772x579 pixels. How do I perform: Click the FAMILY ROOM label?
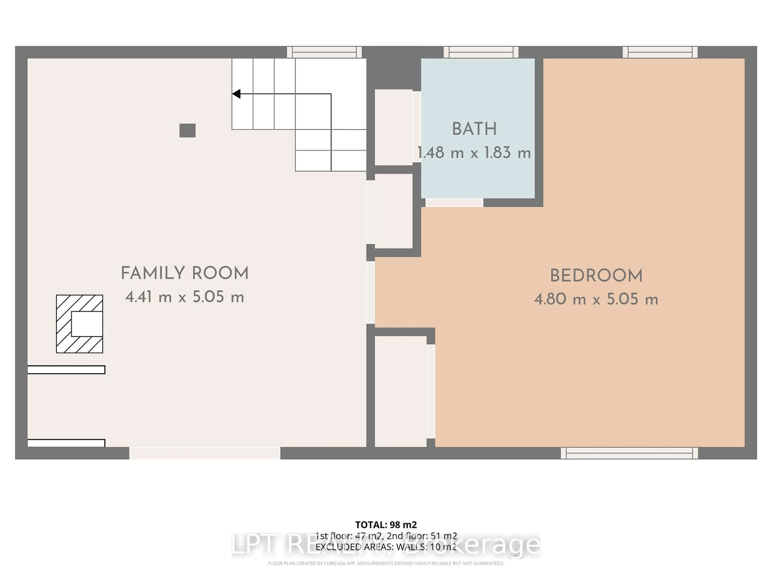click(185, 273)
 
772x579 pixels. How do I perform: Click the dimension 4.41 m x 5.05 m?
click(185, 297)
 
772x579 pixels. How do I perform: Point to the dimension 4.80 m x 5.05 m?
click(596, 299)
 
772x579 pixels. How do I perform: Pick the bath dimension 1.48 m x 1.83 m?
click(474, 153)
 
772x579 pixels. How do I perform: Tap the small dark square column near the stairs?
click(187, 130)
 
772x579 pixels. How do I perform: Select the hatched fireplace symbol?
click(80, 324)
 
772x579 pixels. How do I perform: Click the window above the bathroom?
click(481, 52)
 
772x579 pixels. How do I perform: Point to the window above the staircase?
click(324, 52)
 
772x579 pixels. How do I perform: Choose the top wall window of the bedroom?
click(660, 52)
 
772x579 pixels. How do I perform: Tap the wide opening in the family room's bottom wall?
click(205, 453)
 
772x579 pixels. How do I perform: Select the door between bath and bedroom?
click(454, 202)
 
